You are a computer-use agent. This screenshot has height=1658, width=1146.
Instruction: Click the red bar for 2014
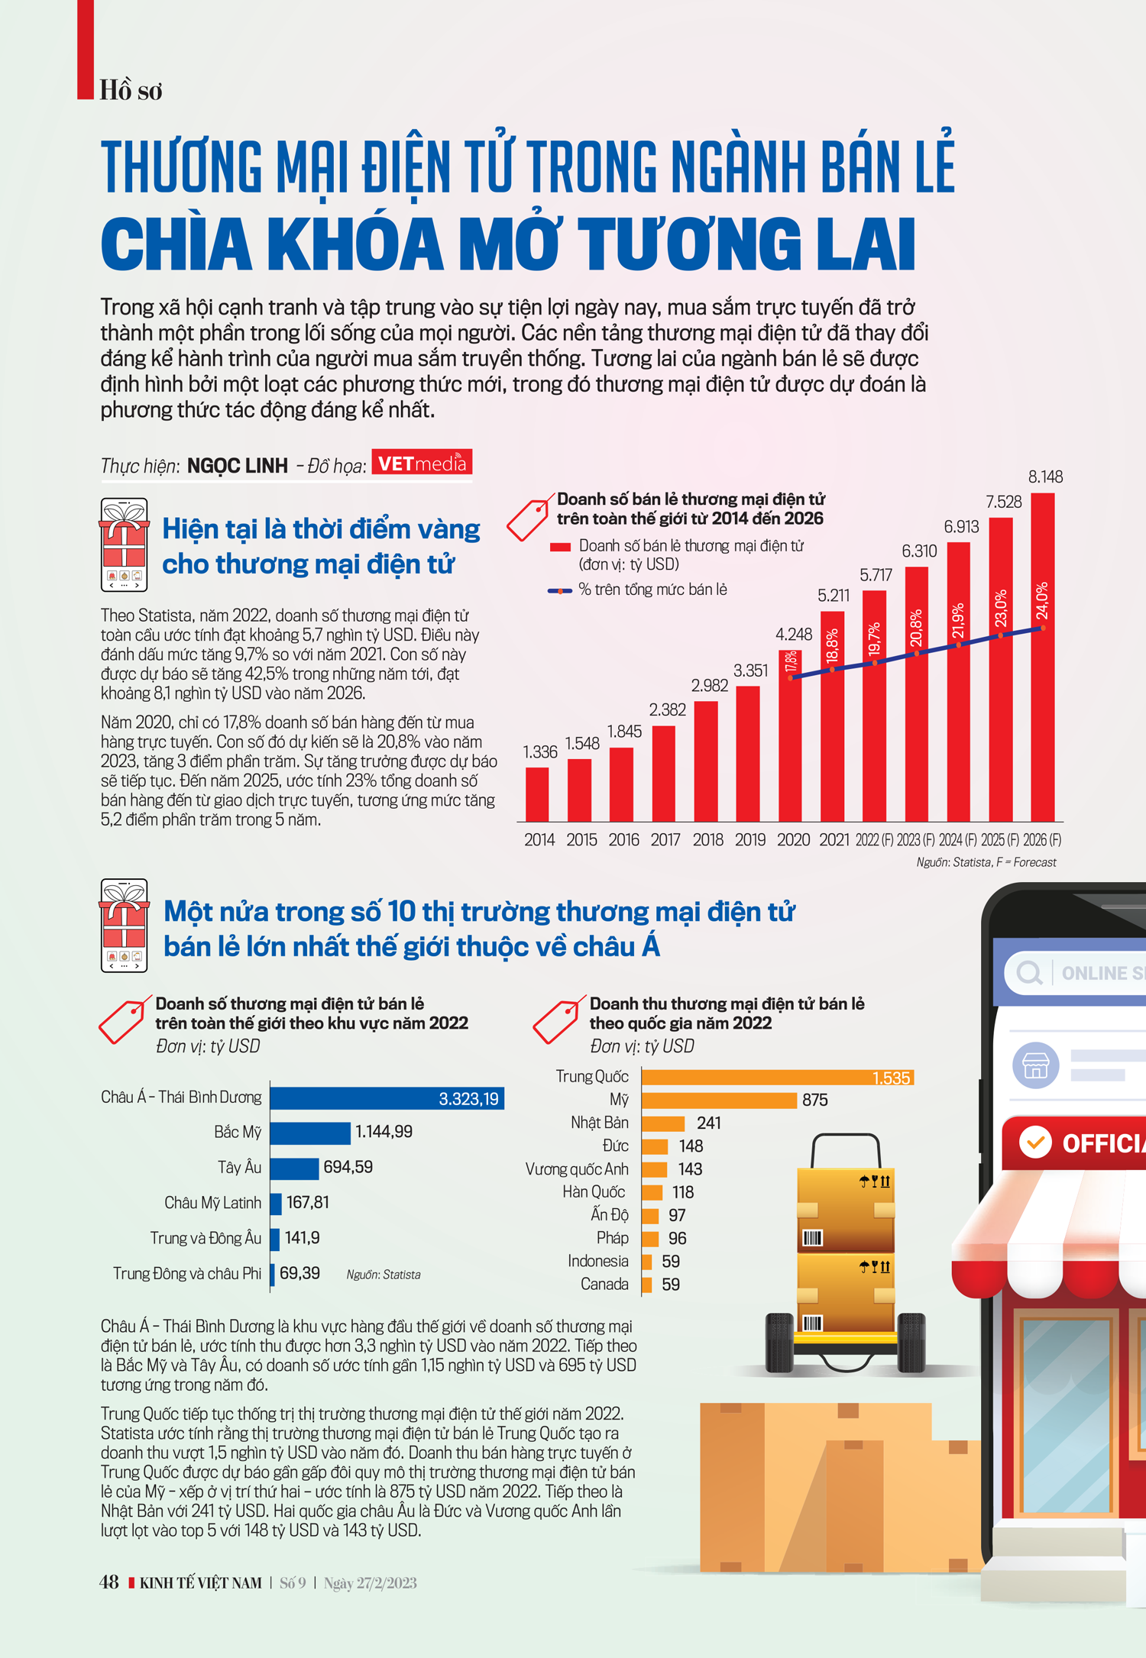[x=537, y=794]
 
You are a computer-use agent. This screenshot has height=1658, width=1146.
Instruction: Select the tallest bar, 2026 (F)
[x=1042, y=657]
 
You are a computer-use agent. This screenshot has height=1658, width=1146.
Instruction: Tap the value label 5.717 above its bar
[x=876, y=575]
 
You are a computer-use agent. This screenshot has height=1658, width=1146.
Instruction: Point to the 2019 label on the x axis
[x=749, y=840]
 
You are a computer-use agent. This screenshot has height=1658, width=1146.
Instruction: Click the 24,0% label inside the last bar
[x=1042, y=601]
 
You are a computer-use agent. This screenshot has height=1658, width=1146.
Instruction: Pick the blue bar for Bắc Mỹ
[x=310, y=1133]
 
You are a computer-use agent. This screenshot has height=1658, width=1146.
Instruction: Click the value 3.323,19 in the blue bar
[x=468, y=1099]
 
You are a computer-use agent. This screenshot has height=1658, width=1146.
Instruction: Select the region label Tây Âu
[x=239, y=1168]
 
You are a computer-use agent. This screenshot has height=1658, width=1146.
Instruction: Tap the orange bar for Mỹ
[x=718, y=1100]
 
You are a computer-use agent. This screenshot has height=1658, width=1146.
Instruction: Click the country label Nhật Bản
[x=600, y=1123]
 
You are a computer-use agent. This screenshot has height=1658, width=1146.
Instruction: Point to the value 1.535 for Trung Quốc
[x=891, y=1078]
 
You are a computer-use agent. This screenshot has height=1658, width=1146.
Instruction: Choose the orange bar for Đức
[x=655, y=1146]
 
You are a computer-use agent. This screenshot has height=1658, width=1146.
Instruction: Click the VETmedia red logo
[x=422, y=463]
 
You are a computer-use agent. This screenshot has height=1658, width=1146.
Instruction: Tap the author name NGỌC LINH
[x=238, y=466]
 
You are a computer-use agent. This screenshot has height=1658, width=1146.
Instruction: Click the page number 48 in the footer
[x=109, y=1582]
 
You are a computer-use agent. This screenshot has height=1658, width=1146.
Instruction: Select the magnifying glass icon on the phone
[x=1029, y=973]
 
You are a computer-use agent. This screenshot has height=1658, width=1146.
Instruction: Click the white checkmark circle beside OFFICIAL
[x=1035, y=1143]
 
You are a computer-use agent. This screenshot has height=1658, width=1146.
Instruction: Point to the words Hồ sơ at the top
[x=131, y=91]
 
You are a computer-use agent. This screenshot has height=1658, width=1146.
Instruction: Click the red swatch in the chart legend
[x=560, y=547]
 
